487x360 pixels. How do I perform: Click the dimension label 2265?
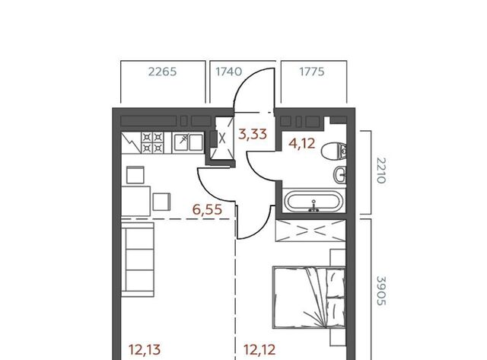(x=162, y=72)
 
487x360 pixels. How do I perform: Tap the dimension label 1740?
(x=228, y=72)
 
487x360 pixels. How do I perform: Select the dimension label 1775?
(x=311, y=72)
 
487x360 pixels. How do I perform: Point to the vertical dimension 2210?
(x=381, y=170)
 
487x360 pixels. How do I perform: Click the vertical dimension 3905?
(x=381, y=291)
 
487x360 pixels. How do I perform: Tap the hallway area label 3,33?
(x=253, y=134)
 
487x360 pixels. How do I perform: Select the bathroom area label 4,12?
(x=301, y=143)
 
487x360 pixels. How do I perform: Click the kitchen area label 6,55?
(x=207, y=209)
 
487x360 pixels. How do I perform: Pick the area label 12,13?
(x=145, y=350)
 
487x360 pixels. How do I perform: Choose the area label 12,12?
(x=259, y=350)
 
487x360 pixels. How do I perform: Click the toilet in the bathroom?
(x=334, y=151)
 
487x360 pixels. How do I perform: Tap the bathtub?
(x=314, y=202)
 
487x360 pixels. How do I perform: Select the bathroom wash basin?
(x=340, y=175)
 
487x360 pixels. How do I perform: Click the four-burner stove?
(x=152, y=142)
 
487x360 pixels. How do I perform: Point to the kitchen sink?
(x=188, y=142)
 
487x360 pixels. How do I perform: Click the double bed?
(x=309, y=298)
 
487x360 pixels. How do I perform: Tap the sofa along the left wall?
(x=138, y=260)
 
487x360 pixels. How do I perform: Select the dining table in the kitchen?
(x=135, y=201)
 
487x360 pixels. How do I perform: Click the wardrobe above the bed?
(x=310, y=231)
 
